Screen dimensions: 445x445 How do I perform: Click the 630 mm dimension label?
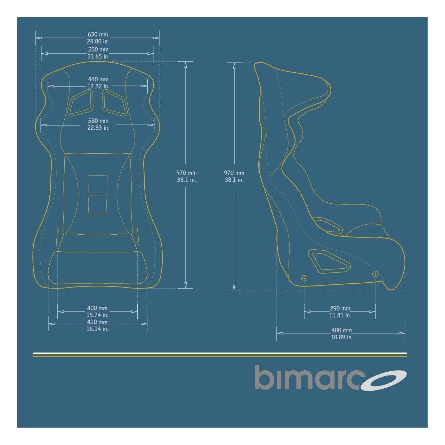(x=98, y=35)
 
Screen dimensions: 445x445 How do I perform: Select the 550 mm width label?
(x=98, y=50)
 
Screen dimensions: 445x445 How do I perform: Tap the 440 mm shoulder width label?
(x=98, y=80)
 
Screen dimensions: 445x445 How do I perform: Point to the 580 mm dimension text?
(x=98, y=121)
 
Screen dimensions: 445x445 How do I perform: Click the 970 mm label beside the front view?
(x=186, y=173)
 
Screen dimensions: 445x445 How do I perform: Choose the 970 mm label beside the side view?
(x=234, y=173)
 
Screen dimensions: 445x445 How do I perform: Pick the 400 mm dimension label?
(x=97, y=308)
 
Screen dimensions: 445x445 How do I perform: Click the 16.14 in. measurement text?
(x=97, y=329)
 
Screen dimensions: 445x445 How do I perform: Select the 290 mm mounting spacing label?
(x=340, y=309)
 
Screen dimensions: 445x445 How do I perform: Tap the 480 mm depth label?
(x=341, y=331)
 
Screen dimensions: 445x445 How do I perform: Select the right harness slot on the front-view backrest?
(x=114, y=103)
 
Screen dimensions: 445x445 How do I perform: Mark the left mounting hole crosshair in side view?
(x=304, y=278)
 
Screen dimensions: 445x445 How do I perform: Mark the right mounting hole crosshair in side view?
(x=375, y=274)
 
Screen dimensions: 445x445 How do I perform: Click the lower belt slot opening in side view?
(x=329, y=261)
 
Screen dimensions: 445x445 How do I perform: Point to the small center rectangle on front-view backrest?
(x=97, y=195)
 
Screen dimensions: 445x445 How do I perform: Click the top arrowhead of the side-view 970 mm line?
(x=234, y=66)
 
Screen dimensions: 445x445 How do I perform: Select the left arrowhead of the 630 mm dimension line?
(x=38, y=38)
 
